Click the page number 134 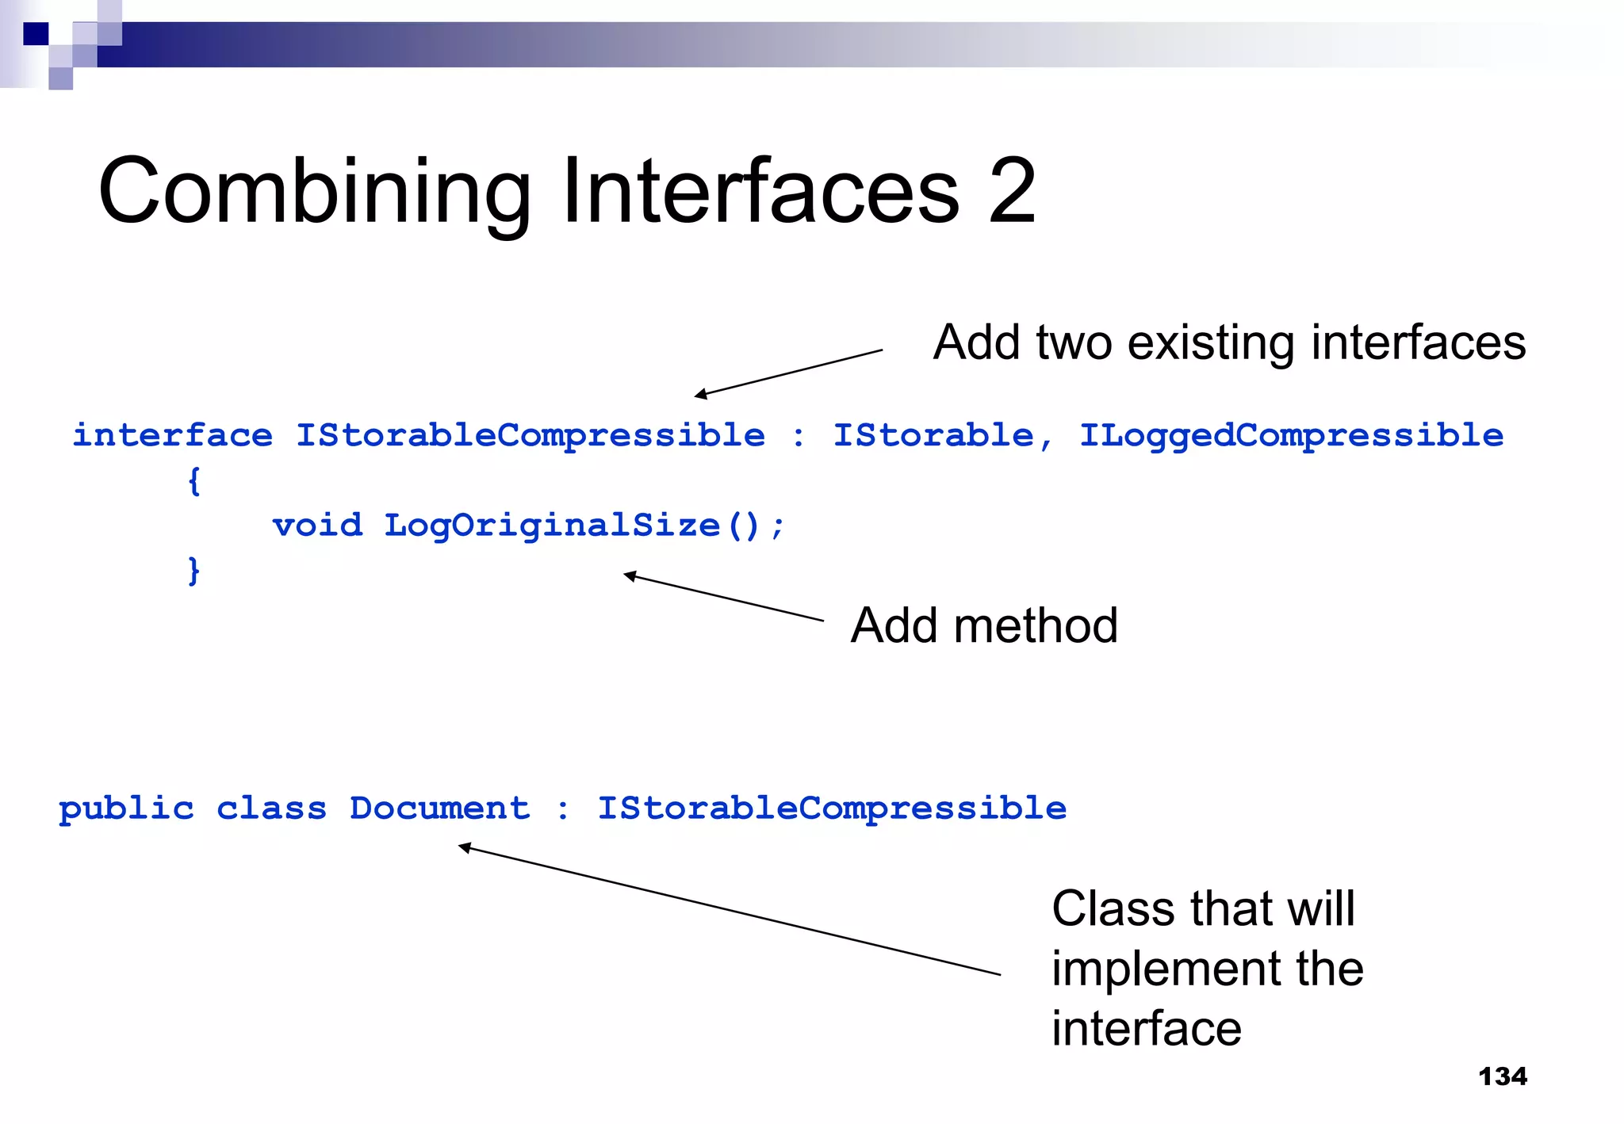coord(1503,1076)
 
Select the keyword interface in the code coord(172,436)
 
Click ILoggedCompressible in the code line coord(1291,436)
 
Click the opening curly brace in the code coord(194,481)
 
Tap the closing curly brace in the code coord(194,571)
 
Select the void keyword coord(317,526)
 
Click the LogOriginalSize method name coord(552,526)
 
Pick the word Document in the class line coord(439,809)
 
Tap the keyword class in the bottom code coord(271,809)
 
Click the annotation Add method coord(983,625)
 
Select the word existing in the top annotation coord(1213,343)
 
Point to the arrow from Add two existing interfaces coord(788,373)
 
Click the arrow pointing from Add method coord(723,598)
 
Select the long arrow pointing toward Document coord(730,911)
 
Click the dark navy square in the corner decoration coord(36,34)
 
